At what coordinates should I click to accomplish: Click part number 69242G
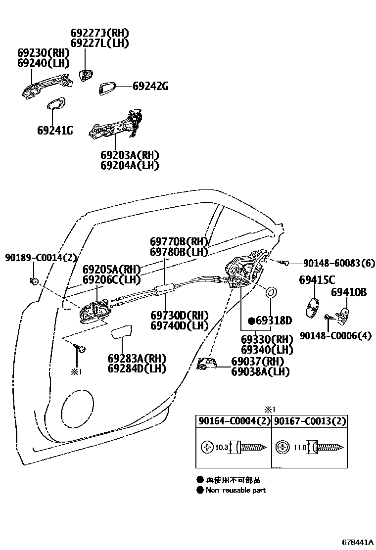(x=150, y=87)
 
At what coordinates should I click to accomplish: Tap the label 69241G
(x=55, y=131)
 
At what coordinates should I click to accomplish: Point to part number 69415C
(x=317, y=280)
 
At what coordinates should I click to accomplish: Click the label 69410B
(x=348, y=292)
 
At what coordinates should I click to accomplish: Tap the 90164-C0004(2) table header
(x=233, y=421)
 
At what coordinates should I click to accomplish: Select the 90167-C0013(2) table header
(x=310, y=421)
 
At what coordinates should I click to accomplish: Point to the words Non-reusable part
(x=235, y=490)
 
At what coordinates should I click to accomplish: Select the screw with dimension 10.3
(x=251, y=448)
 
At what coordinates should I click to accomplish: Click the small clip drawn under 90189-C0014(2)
(x=35, y=281)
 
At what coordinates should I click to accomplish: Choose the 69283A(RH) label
(x=137, y=358)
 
